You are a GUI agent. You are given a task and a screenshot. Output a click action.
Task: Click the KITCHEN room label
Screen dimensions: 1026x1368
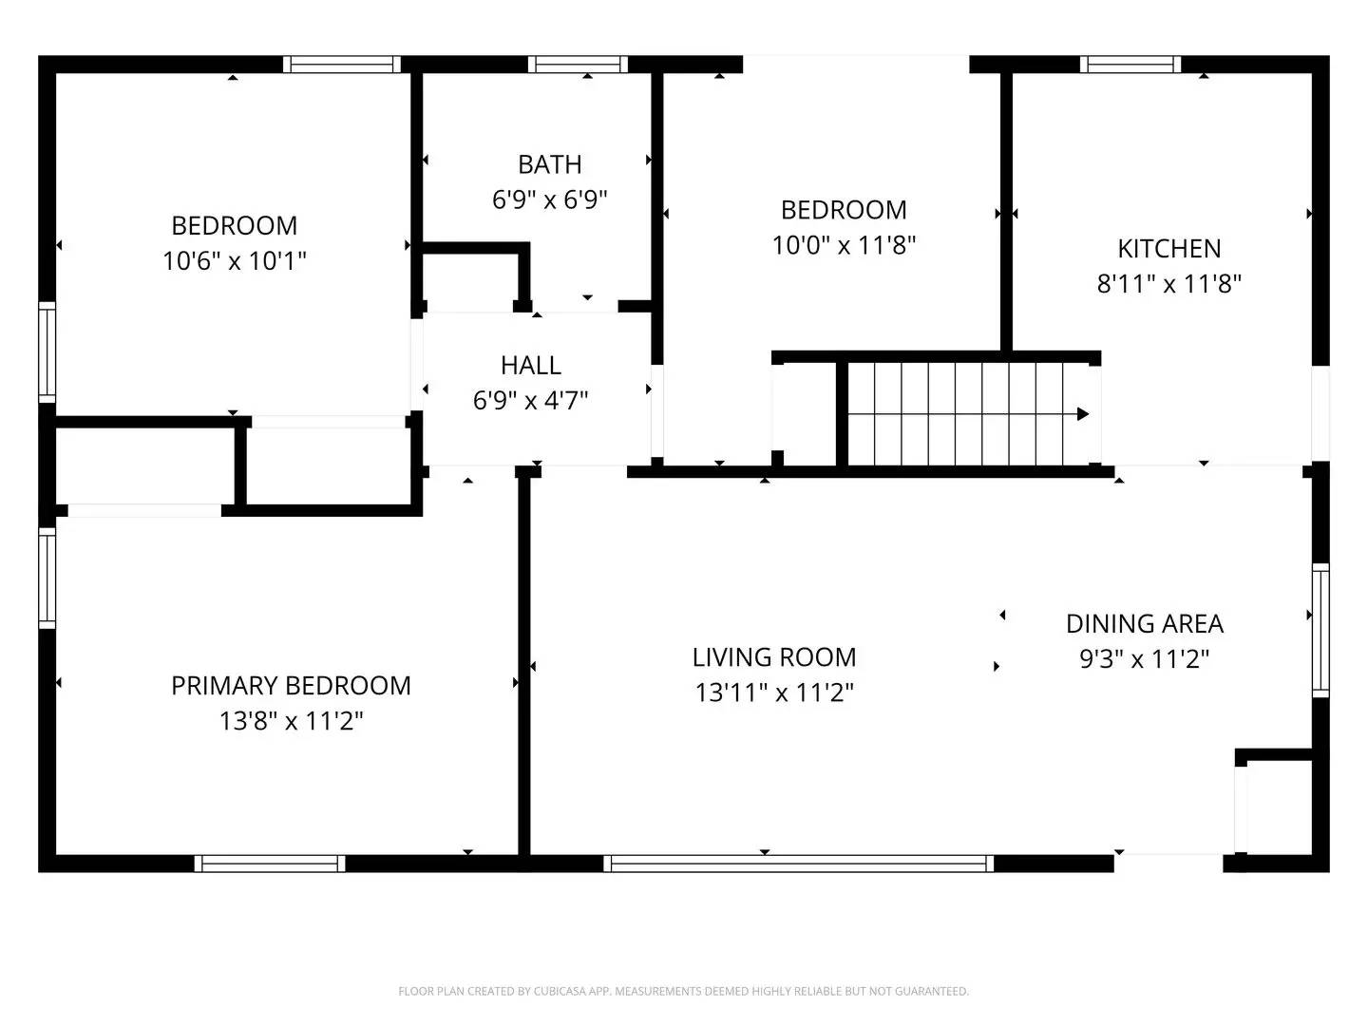[x=1168, y=249]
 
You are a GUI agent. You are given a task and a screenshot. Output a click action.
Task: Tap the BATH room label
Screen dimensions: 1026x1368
[x=549, y=164]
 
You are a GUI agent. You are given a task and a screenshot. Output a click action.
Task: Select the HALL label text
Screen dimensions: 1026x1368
[x=530, y=365]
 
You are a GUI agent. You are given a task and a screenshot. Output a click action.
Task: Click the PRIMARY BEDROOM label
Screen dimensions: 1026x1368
[x=291, y=686]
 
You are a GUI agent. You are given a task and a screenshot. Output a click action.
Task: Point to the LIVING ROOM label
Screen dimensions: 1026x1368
[x=773, y=657]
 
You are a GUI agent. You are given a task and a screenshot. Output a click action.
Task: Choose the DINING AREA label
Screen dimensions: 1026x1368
[x=1144, y=624]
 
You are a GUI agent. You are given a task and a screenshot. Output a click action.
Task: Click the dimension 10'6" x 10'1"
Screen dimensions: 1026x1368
[x=234, y=261]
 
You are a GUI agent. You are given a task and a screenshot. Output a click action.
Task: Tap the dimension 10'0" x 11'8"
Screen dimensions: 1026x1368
[x=844, y=245]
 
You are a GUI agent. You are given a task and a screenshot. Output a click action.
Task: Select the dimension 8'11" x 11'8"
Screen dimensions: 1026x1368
[x=1168, y=284]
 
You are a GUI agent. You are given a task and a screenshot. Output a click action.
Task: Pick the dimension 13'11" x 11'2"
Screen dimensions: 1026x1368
[x=773, y=693]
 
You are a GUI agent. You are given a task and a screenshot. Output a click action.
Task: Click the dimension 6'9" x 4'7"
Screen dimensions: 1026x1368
[x=530, y=401]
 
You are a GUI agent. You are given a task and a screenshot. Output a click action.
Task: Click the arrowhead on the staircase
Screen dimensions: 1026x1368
[x=1082, y=414]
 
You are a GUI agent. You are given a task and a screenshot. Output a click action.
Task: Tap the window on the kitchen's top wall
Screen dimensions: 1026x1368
[x=1130, y=65]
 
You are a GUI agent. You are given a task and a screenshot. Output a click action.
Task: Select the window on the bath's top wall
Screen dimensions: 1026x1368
[x=578, y=65]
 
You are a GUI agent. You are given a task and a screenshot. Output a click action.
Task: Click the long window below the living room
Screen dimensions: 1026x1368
[x=798, y=864]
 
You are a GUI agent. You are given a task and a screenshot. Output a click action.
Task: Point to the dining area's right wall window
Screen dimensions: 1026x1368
[x=1320, y=630]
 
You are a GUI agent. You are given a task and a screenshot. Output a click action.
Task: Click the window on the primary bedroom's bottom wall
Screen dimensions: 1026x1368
[x=270, y=864]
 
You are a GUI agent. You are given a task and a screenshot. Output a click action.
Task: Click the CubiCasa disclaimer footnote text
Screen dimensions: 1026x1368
[x=683, y=992]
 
